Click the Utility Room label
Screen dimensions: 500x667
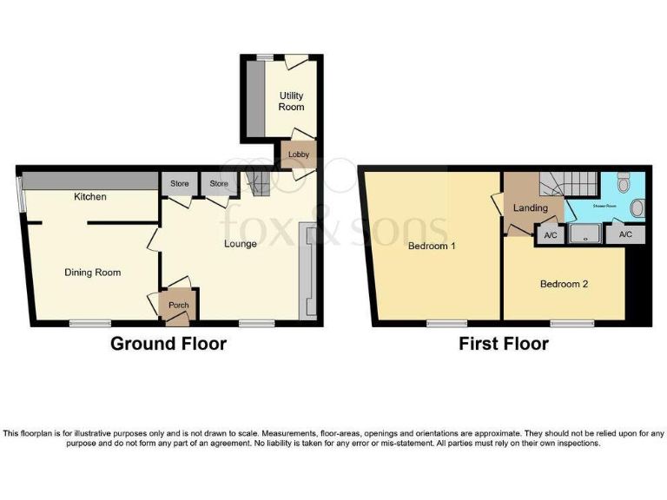291,101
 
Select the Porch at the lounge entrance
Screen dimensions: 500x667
177,306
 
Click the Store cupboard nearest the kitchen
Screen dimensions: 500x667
179,184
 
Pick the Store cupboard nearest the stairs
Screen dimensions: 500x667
218,184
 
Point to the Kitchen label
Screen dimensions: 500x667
89,197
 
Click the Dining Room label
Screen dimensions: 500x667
92,273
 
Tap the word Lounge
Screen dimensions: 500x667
240,244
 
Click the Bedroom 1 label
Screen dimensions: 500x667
432,247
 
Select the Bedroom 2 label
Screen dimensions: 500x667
564,284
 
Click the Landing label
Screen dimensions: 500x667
530,208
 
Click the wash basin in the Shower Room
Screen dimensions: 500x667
638,207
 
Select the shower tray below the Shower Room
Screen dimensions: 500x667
588,234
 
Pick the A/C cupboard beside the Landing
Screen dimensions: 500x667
549,234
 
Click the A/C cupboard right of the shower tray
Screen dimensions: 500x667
625,234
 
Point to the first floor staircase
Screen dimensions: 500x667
570,184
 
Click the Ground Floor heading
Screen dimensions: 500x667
168,344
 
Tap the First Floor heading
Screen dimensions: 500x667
504,344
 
